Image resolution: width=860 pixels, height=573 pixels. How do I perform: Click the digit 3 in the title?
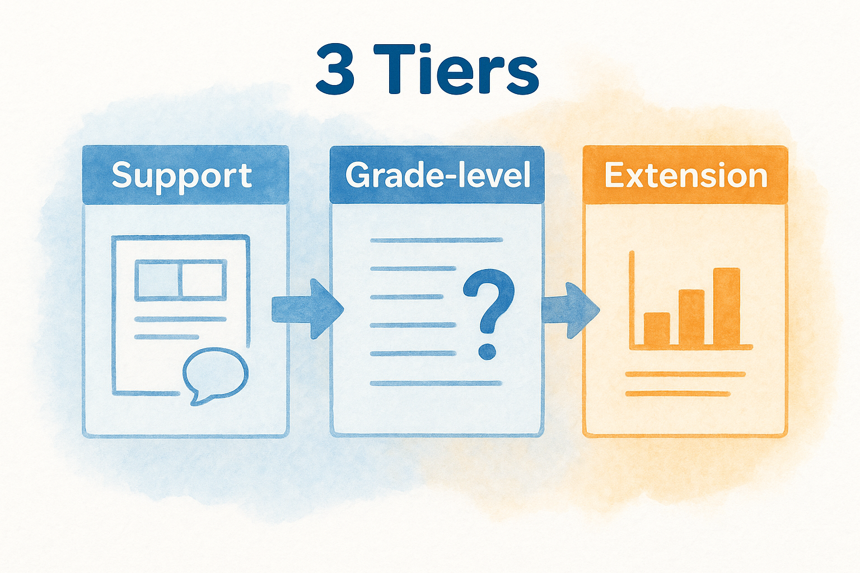click(x=335, y=70)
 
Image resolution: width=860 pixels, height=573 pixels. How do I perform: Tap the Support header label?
click(x=182, y=176)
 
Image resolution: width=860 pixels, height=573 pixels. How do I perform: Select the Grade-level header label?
click(x=438, y=176)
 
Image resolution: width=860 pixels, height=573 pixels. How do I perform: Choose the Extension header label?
click(x=685, y=176)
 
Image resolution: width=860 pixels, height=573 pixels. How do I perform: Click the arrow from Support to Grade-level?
click(x=307, y=309)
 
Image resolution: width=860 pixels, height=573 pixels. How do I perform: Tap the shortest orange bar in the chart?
click(x=656, y=330)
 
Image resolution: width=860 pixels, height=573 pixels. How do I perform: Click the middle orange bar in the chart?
click(x=691, y=318)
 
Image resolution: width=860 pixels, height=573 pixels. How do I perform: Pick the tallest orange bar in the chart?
click(x=726, y=307)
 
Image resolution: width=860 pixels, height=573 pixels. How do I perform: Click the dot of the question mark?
click(x=487, y=351)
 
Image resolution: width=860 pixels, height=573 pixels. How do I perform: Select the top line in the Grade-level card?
click(x=436, y=240)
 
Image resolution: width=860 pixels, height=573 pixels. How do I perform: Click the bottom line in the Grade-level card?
click(x=436, y=383)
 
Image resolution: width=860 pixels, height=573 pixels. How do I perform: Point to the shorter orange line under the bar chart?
click(x=677, y=394)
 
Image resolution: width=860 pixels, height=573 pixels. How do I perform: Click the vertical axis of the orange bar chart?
click(x=632, y=300)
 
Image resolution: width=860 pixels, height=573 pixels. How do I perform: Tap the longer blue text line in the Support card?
click(x=180, y=319)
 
